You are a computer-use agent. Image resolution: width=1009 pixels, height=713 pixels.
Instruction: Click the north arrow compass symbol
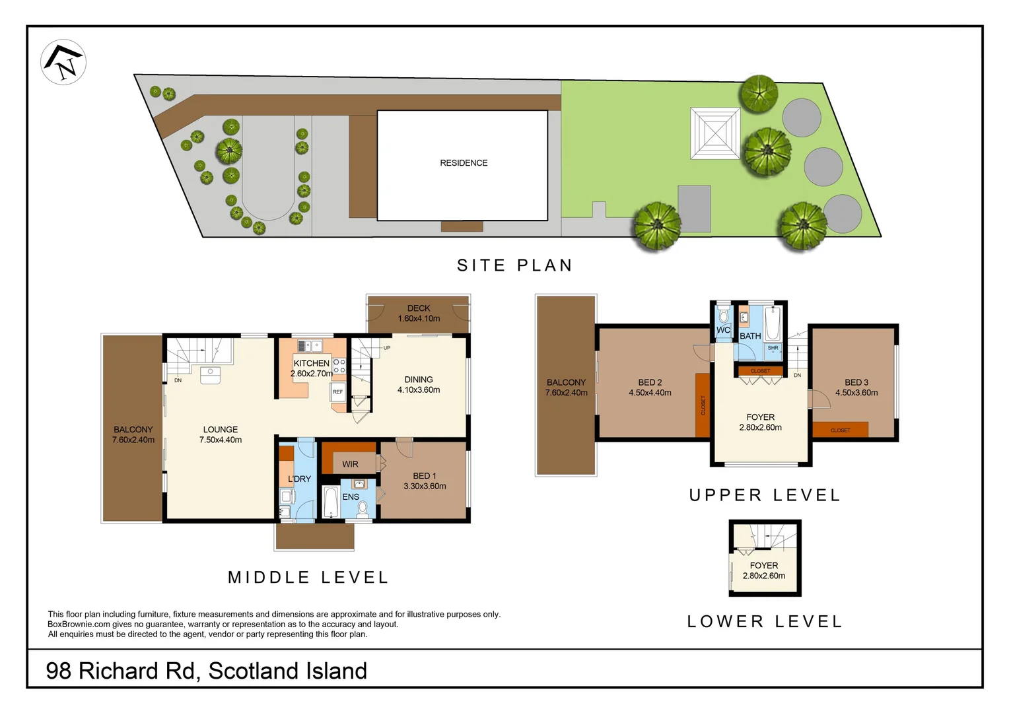click(x=63, y=62)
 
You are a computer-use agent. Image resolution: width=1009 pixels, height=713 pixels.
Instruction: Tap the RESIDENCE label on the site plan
click(x=464, y=163)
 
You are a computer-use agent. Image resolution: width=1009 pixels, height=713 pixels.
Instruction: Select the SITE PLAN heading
click(x=514, y=265)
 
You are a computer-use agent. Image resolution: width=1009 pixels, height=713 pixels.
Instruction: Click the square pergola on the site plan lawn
click(x=715, y=133)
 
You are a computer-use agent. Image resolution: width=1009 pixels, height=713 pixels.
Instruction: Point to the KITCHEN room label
click(x=312, y=364)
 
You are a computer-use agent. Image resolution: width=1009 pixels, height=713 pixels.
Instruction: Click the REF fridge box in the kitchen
click(x=338, y=392)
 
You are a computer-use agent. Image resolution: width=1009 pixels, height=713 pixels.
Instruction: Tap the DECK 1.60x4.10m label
click(x=419, y=313)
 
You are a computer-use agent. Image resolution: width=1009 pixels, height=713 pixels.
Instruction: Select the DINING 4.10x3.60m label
click(x=419, y=384)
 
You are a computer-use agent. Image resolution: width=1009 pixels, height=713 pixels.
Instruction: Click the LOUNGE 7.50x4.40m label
click(x=221, y=434)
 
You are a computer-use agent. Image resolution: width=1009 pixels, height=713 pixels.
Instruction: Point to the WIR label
click(x=350, y=464)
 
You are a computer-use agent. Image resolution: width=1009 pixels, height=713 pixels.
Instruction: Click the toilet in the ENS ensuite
click(x=362, y=508)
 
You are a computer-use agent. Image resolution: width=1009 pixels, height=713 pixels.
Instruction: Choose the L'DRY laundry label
click(x=299, y=479)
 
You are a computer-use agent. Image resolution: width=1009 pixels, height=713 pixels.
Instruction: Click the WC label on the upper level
click(x=723, y=330)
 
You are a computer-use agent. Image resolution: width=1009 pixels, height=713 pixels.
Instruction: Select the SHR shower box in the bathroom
click(x=773, y=349)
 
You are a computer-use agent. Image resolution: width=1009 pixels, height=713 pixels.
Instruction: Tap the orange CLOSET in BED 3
click(x=840, y=430)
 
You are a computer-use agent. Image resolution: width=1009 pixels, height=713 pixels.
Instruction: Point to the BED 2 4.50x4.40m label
click(x=650, y=388)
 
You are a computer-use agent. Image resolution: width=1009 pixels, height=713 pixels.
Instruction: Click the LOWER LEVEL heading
click(x=765, y=621)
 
